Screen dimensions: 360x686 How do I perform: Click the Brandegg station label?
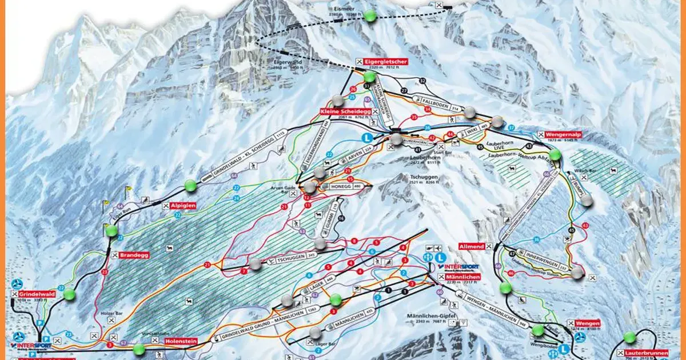(x=134, y=255)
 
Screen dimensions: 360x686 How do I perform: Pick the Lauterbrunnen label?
(x=647, y=354)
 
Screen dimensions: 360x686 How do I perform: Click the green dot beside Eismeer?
(x=370, y=16)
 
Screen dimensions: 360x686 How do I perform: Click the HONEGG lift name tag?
(x=337, y=186)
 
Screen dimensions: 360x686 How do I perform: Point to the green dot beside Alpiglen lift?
(x=190, y=185)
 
